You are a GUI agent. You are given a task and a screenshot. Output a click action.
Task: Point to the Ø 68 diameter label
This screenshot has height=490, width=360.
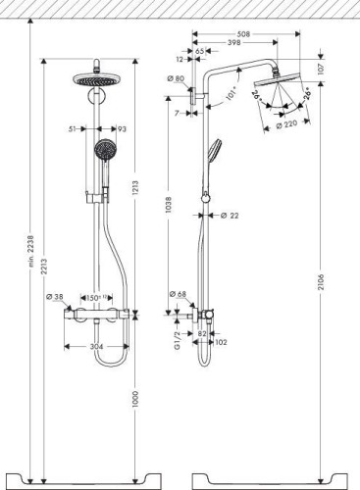tap(178, 293)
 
